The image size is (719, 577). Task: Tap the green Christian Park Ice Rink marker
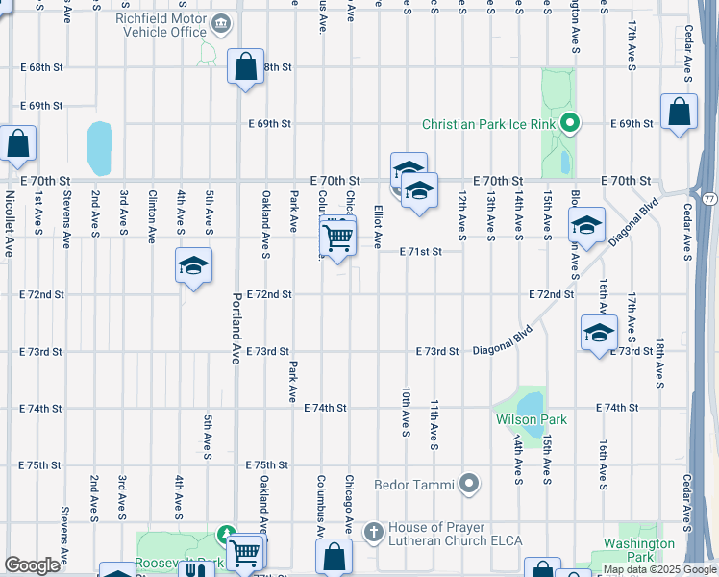(569, 122)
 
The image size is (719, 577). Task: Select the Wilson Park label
(531, 419)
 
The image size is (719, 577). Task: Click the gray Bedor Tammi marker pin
(469, 484)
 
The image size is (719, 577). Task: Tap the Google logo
(32, 565)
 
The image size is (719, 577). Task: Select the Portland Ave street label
(235, 328)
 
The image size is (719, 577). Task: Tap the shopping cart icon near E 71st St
(337, 237)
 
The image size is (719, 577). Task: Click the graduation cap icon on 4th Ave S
(192, 266)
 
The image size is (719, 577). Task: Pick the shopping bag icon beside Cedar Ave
(679, 113)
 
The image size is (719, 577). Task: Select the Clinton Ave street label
(151, 217)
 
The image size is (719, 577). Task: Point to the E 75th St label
(40, 464)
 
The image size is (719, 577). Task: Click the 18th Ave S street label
(659, 364)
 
